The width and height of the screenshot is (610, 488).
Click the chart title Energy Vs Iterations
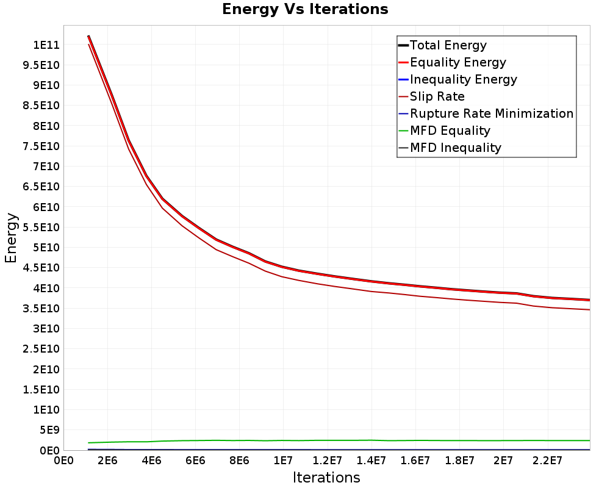click(305, 9)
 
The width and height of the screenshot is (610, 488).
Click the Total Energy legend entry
click(443, 45)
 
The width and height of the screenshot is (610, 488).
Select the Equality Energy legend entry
click(453, 62)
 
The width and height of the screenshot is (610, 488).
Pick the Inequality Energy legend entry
click(458, 79)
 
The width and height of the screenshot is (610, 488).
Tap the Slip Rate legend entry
click(432, 96)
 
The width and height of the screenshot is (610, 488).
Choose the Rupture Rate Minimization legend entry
click(486, 113)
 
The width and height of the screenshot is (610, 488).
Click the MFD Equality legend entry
click(445, 131)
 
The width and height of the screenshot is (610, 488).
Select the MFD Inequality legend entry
click(450, 148)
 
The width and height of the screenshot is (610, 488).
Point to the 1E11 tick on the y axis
click(46, 45)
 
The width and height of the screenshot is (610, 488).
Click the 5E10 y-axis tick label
click(46, 248)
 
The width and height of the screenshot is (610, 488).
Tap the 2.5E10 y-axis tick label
click(41, 349)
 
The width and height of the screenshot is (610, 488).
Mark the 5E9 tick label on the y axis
click(49, 430)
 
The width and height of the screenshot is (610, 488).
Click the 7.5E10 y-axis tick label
click(41, 146)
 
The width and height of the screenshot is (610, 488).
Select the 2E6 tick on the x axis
click(107, 461)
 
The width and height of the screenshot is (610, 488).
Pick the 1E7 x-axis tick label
click(283, 461)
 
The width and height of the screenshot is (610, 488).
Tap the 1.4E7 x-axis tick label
click(371, 461)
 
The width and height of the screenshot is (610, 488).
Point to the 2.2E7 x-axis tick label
click(547, 461)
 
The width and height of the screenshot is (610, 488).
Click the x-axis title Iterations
click(326, 478)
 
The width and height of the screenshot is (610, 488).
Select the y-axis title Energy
click(11, 238)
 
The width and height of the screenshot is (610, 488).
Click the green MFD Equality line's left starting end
click(89, 442)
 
